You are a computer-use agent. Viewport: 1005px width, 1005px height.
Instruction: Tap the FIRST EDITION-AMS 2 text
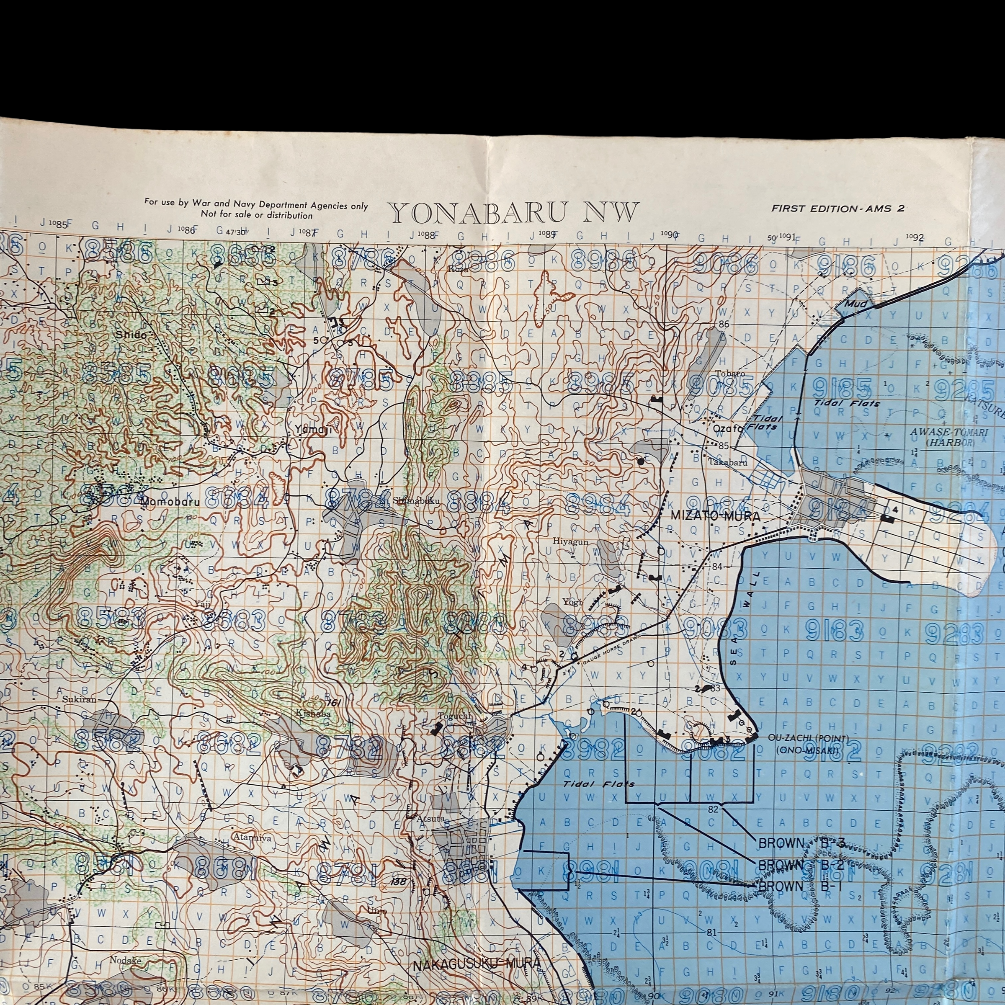click(837, 209)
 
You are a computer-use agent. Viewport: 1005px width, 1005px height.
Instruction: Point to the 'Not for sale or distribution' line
click(257, 215)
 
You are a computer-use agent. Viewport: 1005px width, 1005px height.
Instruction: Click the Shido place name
click(131, 335)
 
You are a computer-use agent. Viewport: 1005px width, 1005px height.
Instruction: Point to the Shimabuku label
click(416, 501)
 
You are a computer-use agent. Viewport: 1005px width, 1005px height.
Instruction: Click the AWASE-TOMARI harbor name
click(941, 432)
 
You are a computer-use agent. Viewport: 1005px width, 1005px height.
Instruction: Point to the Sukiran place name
click(79, 699)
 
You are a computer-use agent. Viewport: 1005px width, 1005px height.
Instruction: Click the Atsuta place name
click(430, 819)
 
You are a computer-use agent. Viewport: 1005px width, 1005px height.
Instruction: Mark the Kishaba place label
click(313, 714)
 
